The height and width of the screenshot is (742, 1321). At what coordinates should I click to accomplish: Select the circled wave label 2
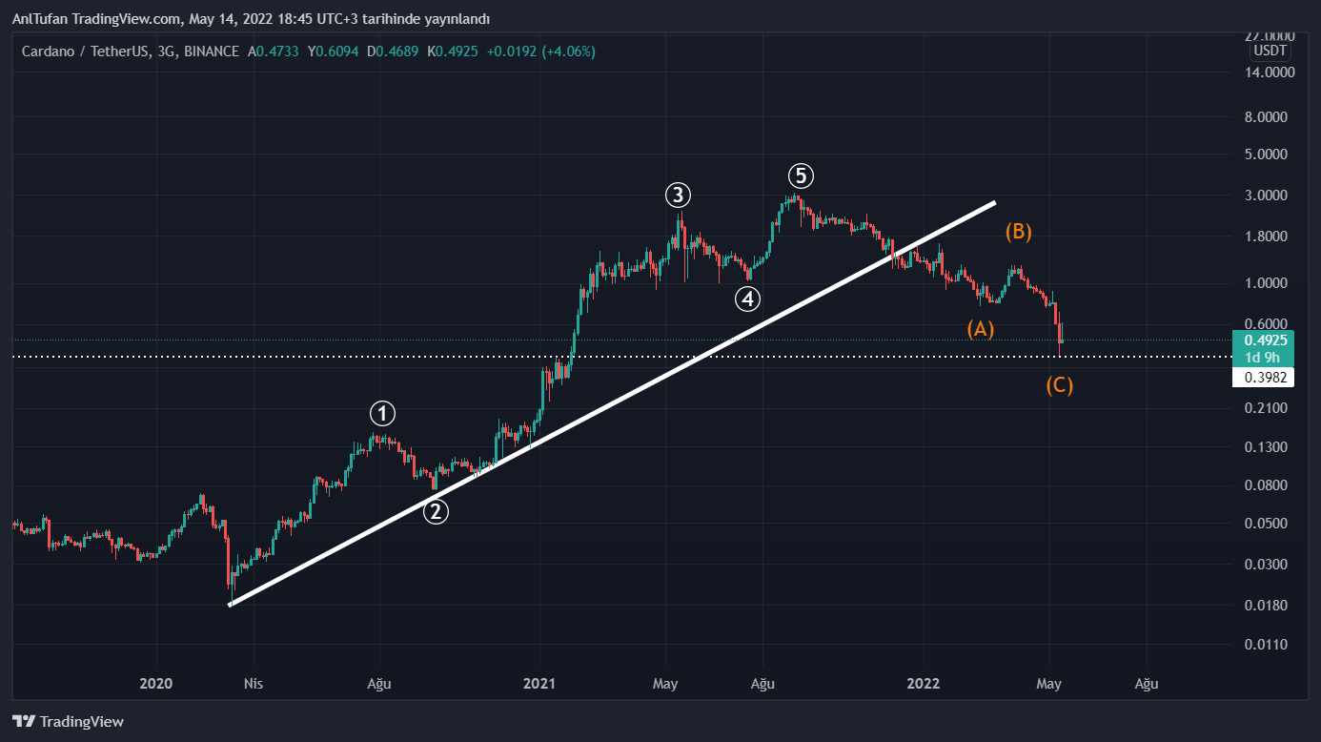(436, 512)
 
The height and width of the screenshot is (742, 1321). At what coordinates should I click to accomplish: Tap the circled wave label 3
(678, 196)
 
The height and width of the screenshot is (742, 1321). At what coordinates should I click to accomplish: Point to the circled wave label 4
(747, 299)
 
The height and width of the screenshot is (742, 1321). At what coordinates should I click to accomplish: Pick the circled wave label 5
(801, 175)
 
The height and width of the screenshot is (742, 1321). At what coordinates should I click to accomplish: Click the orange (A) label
(981, 329)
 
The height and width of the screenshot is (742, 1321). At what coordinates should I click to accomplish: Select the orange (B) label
(1018, 232)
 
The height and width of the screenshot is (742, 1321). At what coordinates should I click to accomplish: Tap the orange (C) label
(1059, 386)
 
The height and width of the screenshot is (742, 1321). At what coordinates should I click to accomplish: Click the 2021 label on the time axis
(539, 683)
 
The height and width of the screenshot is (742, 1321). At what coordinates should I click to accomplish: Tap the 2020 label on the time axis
(155, 683)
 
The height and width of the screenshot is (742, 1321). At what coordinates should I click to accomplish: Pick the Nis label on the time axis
(253, 683)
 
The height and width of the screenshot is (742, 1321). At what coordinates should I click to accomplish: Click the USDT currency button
(1270, 51)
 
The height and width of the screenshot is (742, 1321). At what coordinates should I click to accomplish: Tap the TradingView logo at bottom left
(68, 722)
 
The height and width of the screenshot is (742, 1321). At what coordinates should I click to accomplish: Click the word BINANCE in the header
(212, 52)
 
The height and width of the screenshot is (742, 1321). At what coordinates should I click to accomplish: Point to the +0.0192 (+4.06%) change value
(540, 52)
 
